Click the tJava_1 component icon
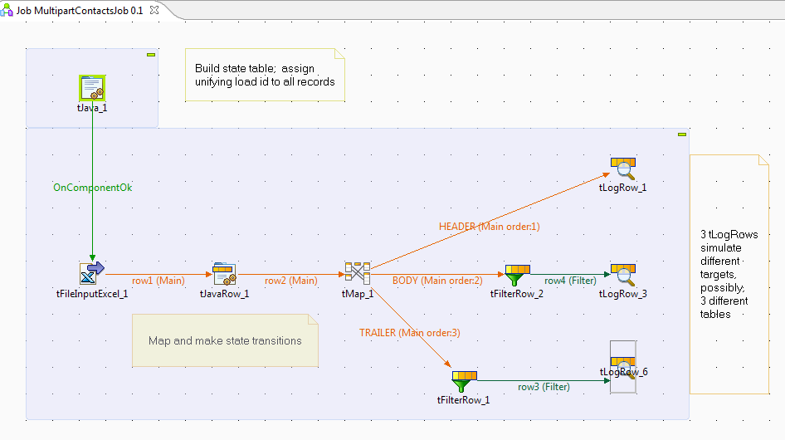point(91,88)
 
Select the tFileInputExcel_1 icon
point(91,273)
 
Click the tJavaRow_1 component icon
point(224,273)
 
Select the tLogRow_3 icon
point(622,274)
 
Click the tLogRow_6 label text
point(623,372)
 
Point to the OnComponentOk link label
point(92,188)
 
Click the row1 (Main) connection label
point(158,281)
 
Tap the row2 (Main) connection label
point(290,281)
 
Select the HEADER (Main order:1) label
point(490,226)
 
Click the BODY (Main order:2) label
point(437,281)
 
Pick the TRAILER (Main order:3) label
point(409,333)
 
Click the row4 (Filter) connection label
point(570,281)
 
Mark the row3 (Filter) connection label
point(544,387)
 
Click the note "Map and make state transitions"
point(225,340)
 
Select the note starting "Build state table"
point(265,75)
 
